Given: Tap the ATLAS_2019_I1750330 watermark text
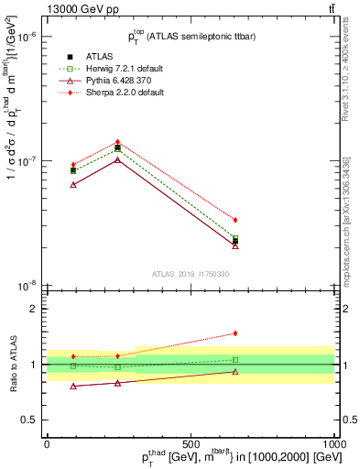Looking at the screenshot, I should click(191, 273).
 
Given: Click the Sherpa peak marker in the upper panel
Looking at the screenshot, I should click(118, 142).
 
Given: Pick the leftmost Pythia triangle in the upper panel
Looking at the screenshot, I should click(73, 184).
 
